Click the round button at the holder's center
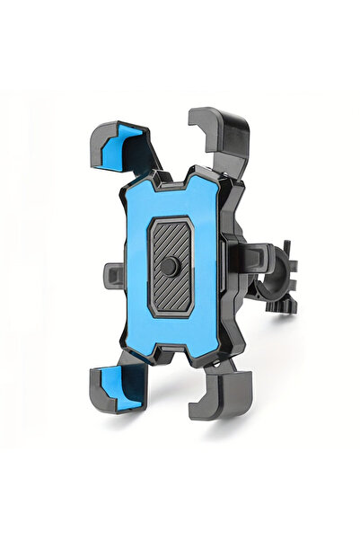pyautogui.click(x=171, y=267)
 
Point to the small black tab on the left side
pyautogui.click(x=113, y=272)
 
